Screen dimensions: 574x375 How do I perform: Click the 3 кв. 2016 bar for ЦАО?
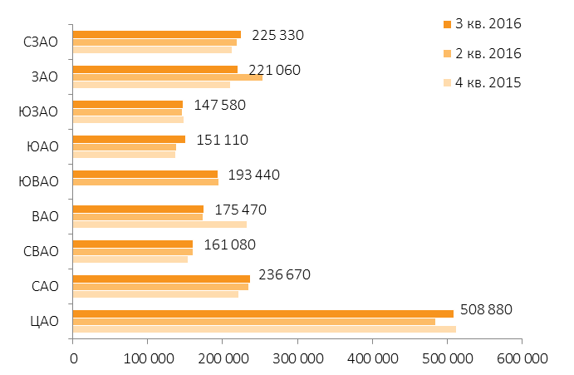pos(263,313)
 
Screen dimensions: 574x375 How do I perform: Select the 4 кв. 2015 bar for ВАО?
pos(160,225)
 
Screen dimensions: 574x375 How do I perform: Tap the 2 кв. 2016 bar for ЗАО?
pos(168,77)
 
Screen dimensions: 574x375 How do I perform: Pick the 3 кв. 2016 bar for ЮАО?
pos(130,140)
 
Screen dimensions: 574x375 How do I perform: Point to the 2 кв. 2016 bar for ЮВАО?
pos(145,182)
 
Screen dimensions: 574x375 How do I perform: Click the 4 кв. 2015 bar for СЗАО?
pos(152,50)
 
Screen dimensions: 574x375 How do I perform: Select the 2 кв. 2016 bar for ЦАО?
pos(254,322)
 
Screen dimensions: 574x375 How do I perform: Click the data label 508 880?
pos(486,310)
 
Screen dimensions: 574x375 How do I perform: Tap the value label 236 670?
pos(284,274)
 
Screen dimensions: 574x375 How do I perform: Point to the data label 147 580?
pos(219,106)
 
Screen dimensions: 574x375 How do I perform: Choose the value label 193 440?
pos(253,175)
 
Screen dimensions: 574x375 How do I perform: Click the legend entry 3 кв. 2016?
pos(482,24)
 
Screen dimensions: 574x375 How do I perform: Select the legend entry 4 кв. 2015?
pos(482,83)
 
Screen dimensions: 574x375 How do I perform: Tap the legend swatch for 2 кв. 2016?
pos(447,54)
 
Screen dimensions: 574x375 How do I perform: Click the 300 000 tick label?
pos(298,358)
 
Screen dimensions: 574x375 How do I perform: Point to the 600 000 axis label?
pos(522,358)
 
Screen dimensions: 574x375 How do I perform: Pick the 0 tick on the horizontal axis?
pos(74,358)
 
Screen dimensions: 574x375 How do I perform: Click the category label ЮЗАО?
pos(38,111)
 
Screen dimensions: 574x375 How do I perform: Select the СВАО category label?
pos(41,251)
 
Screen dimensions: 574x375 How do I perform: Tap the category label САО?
pos(45,286)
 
